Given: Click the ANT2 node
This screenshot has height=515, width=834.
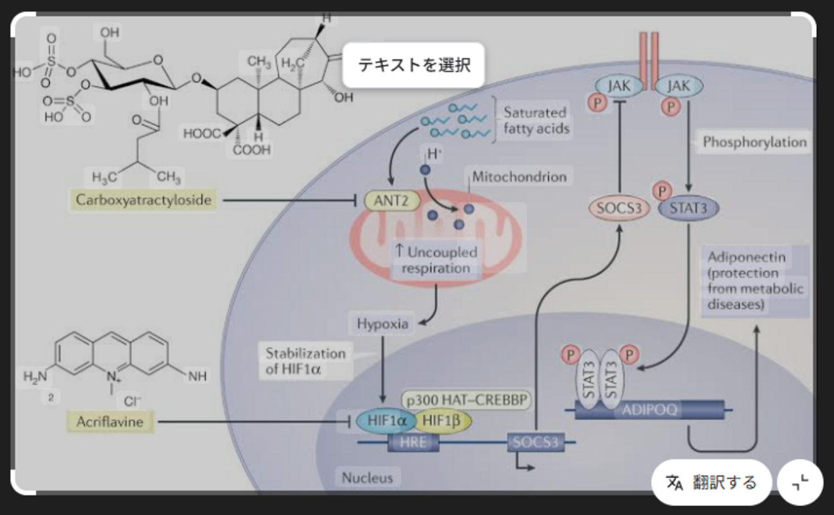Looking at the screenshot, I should pos(392,201).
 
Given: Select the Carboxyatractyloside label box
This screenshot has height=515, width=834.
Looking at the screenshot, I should pos(143,200).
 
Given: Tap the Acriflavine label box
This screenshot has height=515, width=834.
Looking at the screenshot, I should pos(110,422).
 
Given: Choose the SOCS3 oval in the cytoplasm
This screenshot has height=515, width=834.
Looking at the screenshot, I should pos(619,208).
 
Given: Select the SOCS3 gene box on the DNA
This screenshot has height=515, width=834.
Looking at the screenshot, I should pos(534,442).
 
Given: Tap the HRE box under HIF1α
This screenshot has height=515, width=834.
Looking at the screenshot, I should pos(413,442).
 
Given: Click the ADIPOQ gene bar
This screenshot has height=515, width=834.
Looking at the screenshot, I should pos(649,410).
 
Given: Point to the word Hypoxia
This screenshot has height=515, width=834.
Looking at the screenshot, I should pos(382,324).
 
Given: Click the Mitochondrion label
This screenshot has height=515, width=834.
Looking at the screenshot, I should pos(520,176).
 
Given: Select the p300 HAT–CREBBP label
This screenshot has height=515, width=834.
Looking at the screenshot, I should pos(467,400).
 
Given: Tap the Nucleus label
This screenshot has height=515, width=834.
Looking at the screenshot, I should pos(367,477).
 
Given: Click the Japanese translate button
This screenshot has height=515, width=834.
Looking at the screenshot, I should pos(711,482).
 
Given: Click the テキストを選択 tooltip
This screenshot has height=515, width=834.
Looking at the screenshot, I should pos(414,65).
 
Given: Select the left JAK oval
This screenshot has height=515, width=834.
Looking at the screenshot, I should pos(619,85).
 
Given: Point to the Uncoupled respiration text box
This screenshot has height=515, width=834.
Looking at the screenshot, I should pos(436,260).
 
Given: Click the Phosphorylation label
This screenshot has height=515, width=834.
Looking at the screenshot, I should pos(754,142).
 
